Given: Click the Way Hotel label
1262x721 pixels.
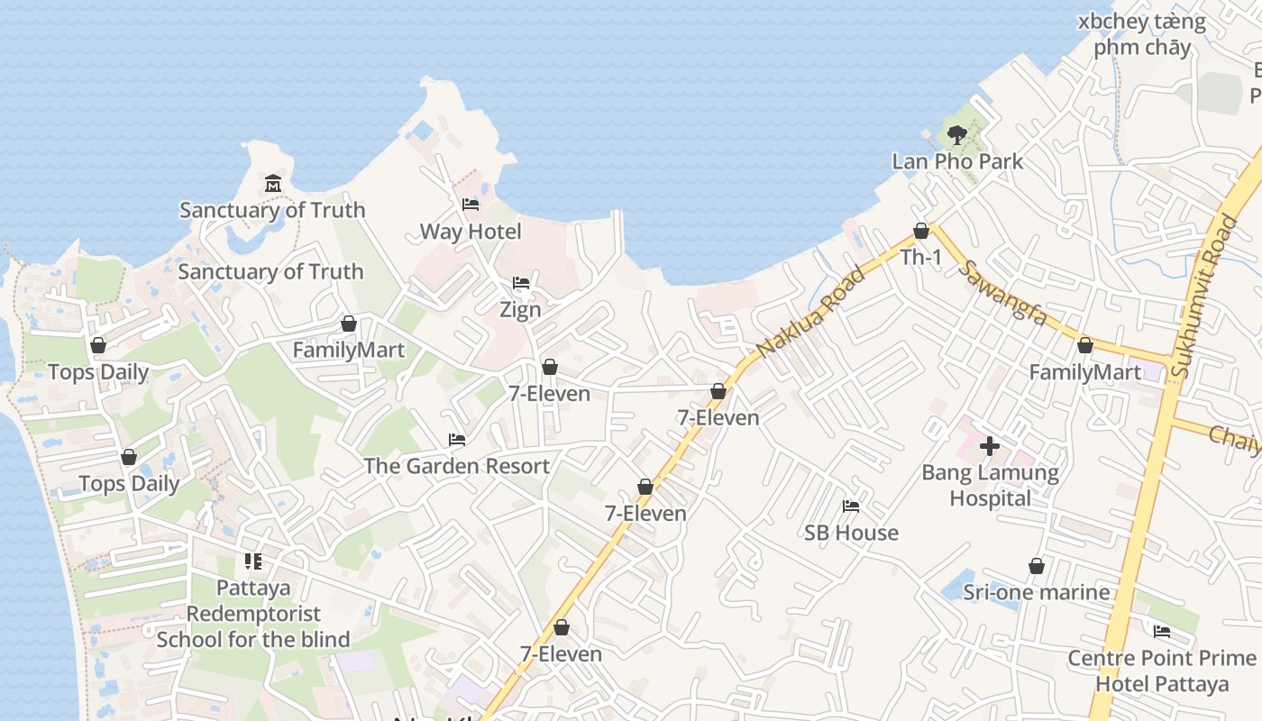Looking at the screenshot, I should pos(471,232).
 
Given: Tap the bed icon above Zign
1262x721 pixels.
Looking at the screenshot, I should pos(521,284).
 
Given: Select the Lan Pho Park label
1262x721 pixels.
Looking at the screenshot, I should pos(957,161).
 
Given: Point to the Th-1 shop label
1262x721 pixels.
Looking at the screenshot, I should pos(921,257).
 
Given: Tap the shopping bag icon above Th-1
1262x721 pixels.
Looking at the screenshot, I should pos(921,232).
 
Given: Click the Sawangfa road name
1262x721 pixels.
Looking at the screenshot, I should pos(1004,293).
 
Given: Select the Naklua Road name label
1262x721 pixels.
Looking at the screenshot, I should pos(810,310).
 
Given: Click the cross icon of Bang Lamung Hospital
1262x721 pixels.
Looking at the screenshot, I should pos(990,445).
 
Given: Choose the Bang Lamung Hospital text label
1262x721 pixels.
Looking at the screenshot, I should pos(990,485).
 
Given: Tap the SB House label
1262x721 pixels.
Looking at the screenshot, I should pos(851,533).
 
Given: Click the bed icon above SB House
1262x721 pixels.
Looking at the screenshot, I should pos(851,507).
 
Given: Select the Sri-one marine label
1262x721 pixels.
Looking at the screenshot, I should pos(1037,592).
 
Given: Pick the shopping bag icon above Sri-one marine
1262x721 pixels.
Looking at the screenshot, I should pos(1037,567).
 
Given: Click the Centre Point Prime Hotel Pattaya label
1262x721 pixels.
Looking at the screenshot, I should pos(1162,671).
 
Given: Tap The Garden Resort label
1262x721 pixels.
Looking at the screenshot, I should pos(456,466).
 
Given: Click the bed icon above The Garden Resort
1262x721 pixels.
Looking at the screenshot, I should pos(457,441).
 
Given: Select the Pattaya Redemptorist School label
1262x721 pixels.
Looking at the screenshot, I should pos(253,614).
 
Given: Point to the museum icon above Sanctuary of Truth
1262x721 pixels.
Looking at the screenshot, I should pos(272,185).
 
